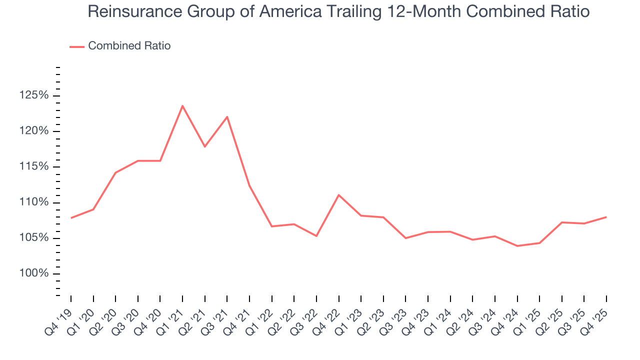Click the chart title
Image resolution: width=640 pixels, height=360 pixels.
coord(338,11)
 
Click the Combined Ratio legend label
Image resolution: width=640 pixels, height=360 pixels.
coord(129,46)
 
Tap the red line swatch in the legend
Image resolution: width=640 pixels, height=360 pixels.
coord(77,46)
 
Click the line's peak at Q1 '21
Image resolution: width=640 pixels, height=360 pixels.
coord(182,105)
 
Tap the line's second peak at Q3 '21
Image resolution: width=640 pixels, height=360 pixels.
coord(227,117)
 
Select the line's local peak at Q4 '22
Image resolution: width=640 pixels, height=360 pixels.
coord(339,195)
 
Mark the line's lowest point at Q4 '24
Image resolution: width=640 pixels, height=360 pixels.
coord(517,246)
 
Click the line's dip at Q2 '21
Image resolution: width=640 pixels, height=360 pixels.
coord(205,146)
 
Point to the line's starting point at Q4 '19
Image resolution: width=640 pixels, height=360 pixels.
coord(71,218)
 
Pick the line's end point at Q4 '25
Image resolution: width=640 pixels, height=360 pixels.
coord(606,217)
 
